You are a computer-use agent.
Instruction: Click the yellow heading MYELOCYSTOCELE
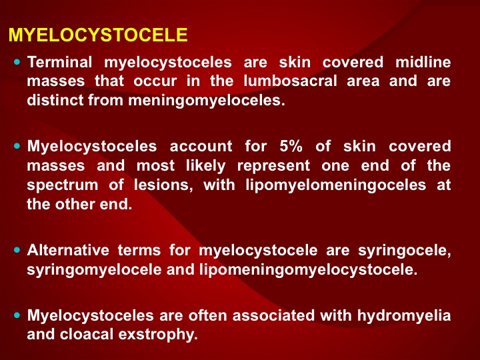98,35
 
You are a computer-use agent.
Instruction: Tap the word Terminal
60,62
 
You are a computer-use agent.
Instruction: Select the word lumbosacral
290,81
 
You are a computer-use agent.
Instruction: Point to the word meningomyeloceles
207,101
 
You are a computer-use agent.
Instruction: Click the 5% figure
291,146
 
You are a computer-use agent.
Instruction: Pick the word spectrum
63,185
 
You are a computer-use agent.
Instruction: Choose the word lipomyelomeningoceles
336,185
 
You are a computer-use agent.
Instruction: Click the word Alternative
68,250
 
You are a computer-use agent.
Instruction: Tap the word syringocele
405,251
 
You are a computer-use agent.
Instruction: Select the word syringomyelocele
94,270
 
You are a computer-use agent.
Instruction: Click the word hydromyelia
404,315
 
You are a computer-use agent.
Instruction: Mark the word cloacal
87,334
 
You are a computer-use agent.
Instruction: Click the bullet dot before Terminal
17,62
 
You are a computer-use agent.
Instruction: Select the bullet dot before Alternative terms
17,250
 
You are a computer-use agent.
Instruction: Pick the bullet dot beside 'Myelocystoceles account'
17,146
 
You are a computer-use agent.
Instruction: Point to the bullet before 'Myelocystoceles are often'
17,315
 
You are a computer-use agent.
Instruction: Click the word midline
423,62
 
